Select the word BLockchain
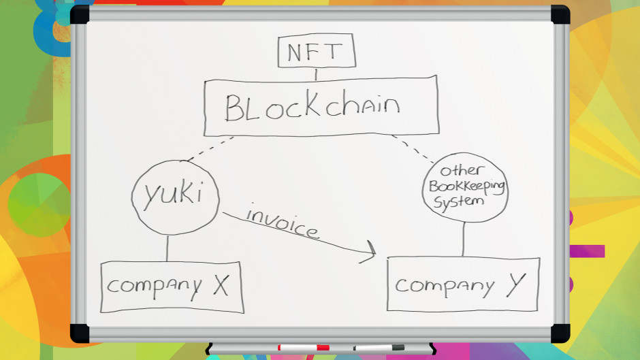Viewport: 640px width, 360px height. pos(313,107)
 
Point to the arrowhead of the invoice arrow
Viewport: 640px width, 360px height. pos(371,252)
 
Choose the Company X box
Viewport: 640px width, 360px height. pos(172,287)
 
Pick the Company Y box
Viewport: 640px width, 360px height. pos(463,284)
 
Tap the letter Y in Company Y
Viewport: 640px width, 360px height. pos(515,284)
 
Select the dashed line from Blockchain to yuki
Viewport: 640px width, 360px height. pos(210,149)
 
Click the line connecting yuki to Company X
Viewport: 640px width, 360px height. pos(167,248)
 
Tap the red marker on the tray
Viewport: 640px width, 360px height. pos(303,348)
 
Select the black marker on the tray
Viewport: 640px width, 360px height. pos(379,348)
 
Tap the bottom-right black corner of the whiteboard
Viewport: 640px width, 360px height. pos(560,333)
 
